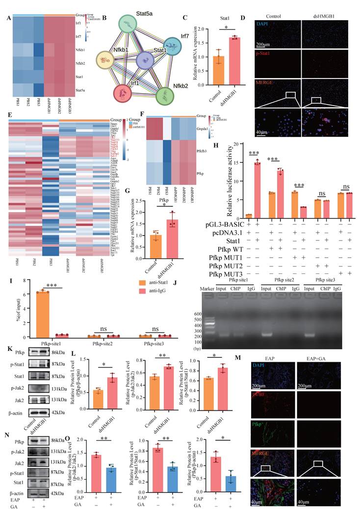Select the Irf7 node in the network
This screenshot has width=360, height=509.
(x=173, y=49)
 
